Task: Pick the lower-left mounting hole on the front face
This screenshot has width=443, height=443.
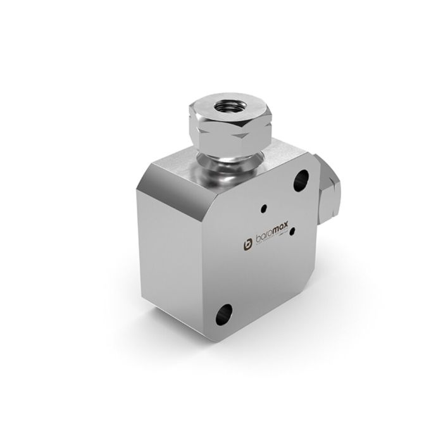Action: click(x=223, y=313)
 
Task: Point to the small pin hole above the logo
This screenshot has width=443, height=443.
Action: click(x=263, y=206)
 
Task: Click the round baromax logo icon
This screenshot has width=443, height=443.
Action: click(x=248, y=244)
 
